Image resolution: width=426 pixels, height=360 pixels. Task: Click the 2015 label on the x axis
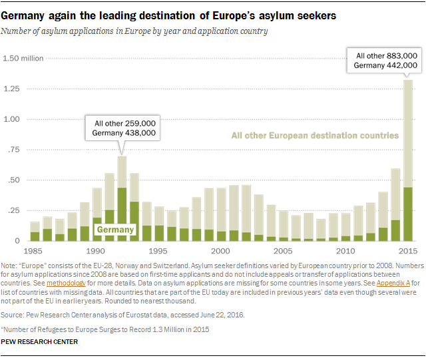408,251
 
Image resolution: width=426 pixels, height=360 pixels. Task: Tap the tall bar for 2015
408,160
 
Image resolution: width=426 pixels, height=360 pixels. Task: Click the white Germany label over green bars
116,230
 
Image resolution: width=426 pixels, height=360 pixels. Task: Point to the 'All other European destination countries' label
314,136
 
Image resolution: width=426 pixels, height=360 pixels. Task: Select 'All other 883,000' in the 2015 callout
387,55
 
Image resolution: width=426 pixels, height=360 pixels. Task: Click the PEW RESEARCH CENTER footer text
40,341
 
